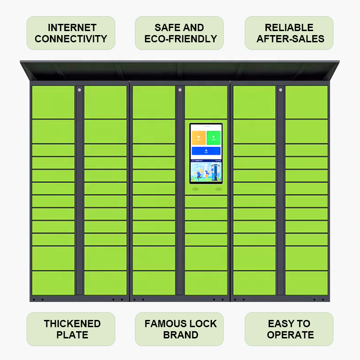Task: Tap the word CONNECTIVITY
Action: (x=71, y=39)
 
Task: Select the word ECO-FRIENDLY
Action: (x=180, y=39)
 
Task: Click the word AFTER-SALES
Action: (x=290, y=39)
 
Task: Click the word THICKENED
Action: (x=72, y=324)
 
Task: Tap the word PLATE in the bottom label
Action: (x=72, y=335)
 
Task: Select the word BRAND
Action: (x=180, y=335)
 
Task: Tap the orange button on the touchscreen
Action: (x=198, y=138)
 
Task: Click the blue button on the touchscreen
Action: (x=206, y=151)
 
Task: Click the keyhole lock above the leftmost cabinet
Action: (x=79, y=90)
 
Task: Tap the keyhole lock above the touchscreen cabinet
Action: (x=180, y=90)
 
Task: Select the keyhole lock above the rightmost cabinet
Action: (x=280, y=90)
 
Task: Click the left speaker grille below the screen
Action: (x=195, y=189)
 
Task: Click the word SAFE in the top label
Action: (x=166, y=28)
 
